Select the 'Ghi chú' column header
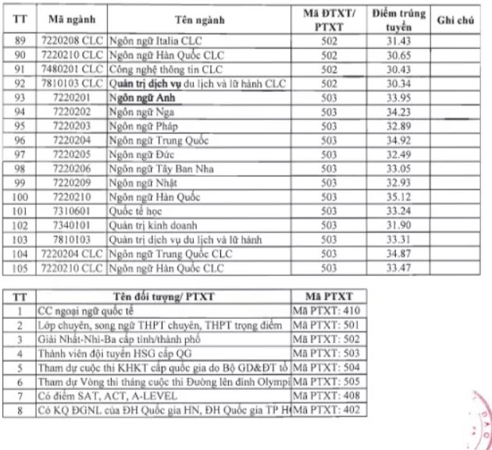[456, 19]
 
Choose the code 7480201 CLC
[70, 69]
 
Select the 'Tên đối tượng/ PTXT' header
[163, 296]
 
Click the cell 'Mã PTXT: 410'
[326, 310]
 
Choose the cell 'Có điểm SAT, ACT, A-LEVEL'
[107, 396]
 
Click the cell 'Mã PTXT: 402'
[326, 410]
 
